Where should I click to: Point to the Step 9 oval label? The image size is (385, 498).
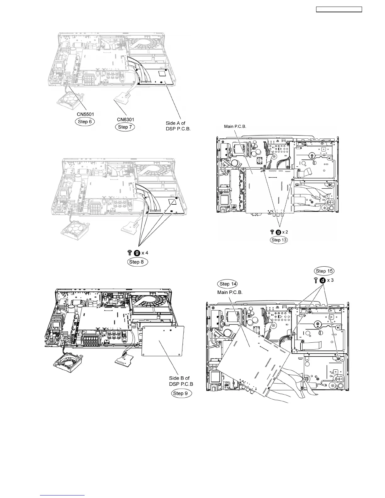coord(181,393)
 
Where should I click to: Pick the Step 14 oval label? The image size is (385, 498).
coord(227,284)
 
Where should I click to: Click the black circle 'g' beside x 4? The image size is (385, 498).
coord(137,252)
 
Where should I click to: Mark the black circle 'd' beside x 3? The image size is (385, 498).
coord(322,280)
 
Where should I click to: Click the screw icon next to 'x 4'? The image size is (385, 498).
coord(130,252)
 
